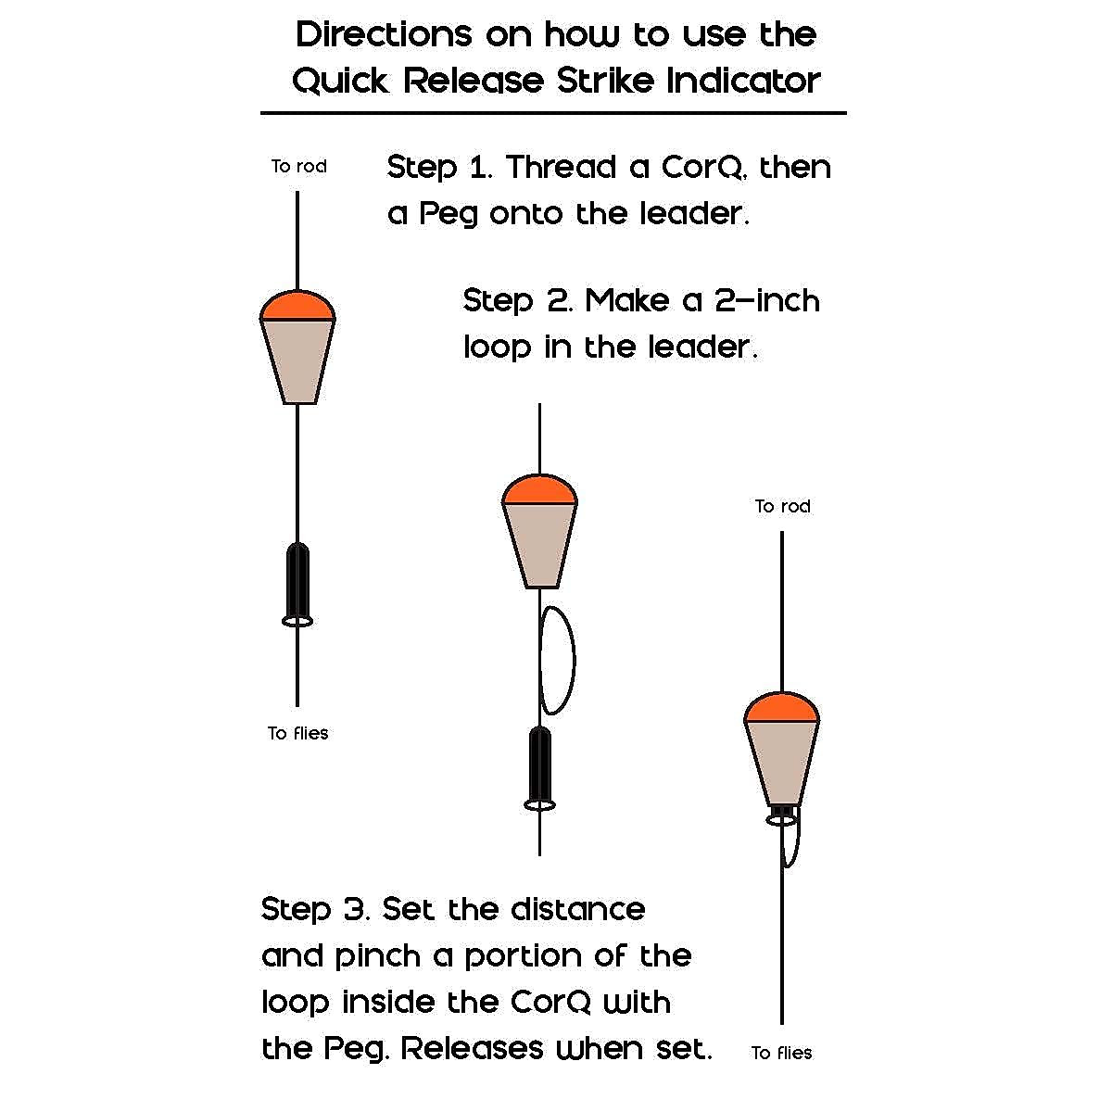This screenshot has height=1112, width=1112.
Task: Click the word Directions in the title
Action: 384,35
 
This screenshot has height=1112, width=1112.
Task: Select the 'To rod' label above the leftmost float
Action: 298,167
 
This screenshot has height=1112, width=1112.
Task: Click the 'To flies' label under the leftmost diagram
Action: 298,733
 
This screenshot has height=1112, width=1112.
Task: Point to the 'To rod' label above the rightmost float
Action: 782,506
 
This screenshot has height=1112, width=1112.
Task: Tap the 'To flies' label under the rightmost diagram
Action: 781,1053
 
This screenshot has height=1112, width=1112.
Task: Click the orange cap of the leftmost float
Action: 297,307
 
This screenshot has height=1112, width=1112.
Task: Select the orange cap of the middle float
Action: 539,490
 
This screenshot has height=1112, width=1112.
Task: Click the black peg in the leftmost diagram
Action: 297,579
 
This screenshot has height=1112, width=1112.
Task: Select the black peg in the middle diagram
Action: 539,763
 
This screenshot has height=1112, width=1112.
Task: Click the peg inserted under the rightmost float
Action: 782,815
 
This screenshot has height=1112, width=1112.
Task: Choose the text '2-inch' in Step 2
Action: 767,301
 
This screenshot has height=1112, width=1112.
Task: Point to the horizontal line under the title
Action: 553,113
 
